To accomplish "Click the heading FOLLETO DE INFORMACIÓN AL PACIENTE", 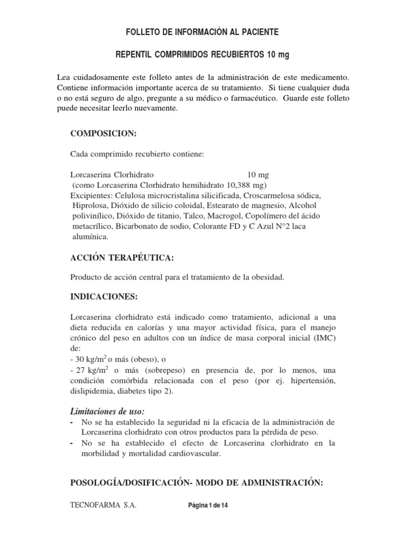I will point(203,33).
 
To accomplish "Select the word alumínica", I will point(90,237).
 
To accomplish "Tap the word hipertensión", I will point(312,381).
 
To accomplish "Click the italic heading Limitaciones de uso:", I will point(107,411).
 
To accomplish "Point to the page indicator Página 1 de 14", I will point(208,505).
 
